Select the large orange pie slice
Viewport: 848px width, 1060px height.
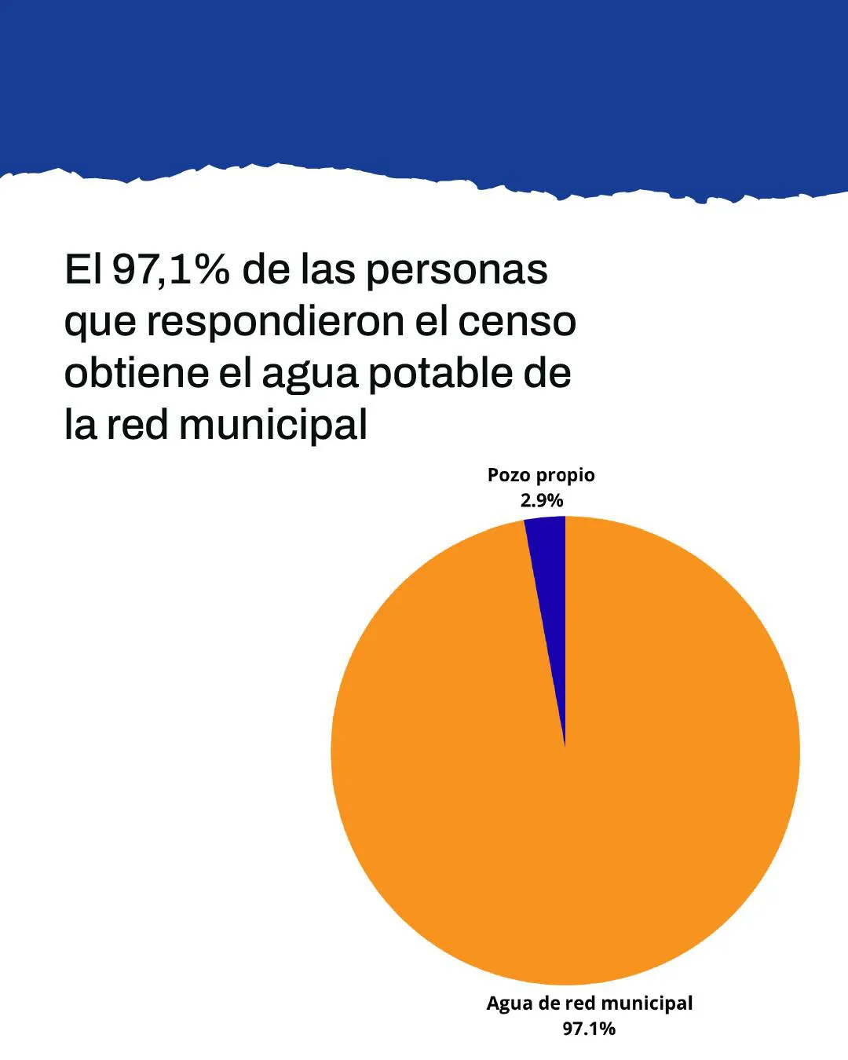click(565, 785)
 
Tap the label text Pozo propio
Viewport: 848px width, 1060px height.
click(541, 475)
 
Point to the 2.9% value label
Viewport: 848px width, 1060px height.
click(542, 500)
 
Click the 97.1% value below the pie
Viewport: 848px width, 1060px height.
click(589, 1029)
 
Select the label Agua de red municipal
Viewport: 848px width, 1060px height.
click(589, 1003)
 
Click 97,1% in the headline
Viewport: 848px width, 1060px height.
click(170, 269)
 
